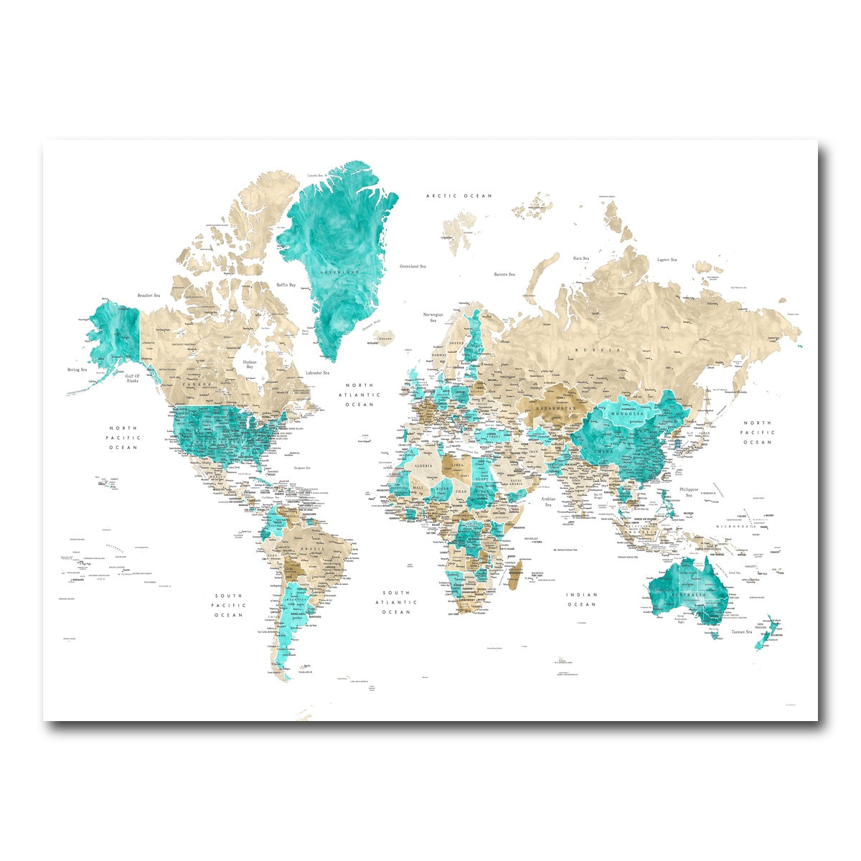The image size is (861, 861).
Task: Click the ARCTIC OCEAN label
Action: pos(459,196)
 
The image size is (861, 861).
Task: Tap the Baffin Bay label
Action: pos(286,285)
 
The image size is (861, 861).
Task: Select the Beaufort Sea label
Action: pos(149,295)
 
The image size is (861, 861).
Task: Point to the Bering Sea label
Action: pos(77,370)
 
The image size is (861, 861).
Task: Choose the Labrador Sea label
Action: pos(317,373)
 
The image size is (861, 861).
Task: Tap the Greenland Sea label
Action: pos(413,266)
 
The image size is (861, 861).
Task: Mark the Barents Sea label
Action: pos(504,274)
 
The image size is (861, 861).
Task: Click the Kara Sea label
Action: pos(580,258)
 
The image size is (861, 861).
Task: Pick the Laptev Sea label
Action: pos(667,260)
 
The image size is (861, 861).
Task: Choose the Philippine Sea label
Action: pos(689,492)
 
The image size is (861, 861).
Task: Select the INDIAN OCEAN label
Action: pos(582,599)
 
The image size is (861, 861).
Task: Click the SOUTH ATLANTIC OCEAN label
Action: pos(396,603)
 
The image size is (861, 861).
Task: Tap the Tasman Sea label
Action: pos(741,631)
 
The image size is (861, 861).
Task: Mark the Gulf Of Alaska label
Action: pos(132,378)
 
